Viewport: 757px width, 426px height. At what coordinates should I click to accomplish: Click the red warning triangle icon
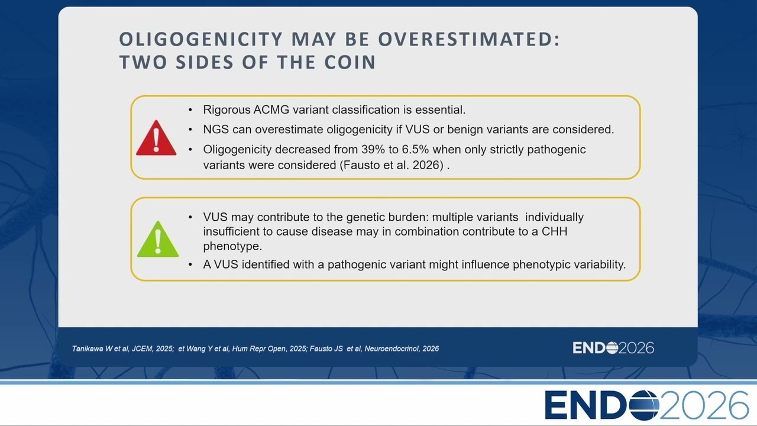156,138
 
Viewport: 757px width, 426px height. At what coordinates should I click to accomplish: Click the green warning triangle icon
158,240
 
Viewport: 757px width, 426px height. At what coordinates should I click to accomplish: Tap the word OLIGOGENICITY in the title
200,39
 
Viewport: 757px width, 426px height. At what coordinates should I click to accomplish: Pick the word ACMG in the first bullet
271,110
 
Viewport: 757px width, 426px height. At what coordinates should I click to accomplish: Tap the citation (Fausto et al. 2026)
392,165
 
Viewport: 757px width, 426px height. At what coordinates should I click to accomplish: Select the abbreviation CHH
555,231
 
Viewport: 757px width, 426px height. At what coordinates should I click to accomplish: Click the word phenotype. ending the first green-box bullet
232,247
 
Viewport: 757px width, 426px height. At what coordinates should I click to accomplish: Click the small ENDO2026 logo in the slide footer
613,348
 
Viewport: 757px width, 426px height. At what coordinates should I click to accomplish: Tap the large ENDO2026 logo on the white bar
646,405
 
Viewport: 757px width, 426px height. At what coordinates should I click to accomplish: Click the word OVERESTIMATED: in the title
469,39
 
